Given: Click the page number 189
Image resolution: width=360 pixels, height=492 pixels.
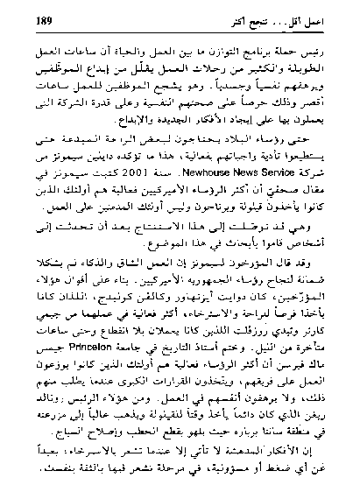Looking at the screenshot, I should tap(49, 18).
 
